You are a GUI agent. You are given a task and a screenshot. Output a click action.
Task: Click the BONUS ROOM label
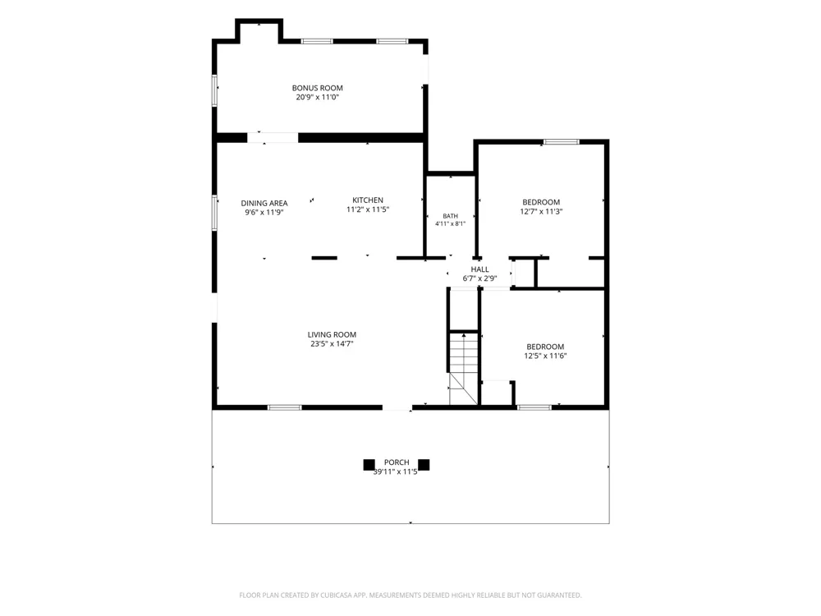(x=317, y=88)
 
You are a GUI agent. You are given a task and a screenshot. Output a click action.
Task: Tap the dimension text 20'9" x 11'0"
(x=317, y=98)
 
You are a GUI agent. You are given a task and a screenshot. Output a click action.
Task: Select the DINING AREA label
(x=264, y=203)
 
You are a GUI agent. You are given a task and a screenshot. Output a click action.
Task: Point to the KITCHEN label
(x=368, y=200)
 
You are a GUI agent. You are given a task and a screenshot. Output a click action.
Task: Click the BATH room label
(x=450, y=216)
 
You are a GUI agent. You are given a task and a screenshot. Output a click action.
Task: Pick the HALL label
(x=479, y=269)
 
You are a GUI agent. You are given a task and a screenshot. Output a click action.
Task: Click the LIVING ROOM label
(x=332, y=335)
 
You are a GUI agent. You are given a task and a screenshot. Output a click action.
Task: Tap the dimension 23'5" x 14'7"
(x=332, y=344)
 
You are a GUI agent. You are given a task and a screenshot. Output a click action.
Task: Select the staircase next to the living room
(x=463, y=368)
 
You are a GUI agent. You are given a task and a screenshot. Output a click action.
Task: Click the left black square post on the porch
(x=369, y=465)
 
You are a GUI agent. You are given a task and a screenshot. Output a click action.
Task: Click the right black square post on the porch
(x=424, y=465)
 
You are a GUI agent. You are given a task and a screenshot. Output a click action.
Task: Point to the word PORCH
(x=397, y=462)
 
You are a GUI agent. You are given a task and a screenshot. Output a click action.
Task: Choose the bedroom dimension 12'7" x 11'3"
(x=541, y=212)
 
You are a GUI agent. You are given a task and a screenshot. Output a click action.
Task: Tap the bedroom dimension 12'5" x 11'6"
(x=546, y=356)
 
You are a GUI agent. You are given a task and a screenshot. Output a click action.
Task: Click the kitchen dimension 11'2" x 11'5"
(x=368, y=209)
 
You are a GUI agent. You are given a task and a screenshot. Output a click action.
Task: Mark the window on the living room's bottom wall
(x=285, y=407)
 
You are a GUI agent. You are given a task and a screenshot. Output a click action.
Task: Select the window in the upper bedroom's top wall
(x=562, y=142)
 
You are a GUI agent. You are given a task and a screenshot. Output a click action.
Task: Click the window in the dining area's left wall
(x=214, y=212)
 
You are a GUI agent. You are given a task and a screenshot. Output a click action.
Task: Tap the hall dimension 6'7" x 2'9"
(x=479, y=278)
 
